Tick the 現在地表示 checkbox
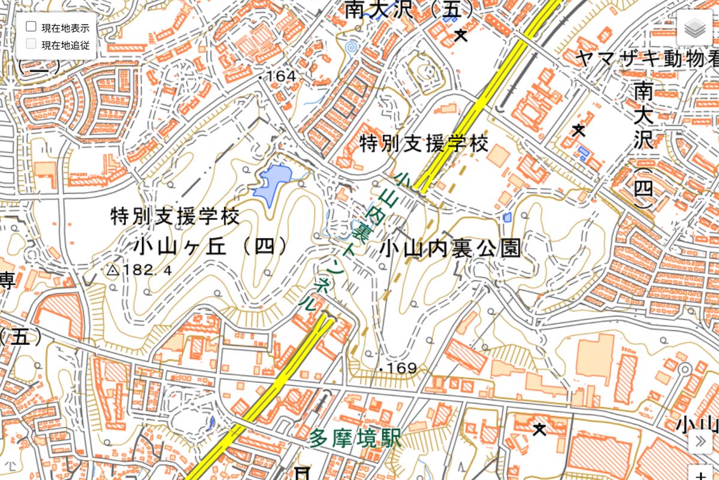(31, 26)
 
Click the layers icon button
(694, 28)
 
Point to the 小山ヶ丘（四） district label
(210, 247)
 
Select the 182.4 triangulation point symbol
(112, 271)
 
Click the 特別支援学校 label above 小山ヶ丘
(175, 216)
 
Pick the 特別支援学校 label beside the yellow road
(424, 143)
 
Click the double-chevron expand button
(700, 442)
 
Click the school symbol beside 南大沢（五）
(460, 35)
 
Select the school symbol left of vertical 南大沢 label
(578, 129)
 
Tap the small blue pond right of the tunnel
(507, 217)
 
